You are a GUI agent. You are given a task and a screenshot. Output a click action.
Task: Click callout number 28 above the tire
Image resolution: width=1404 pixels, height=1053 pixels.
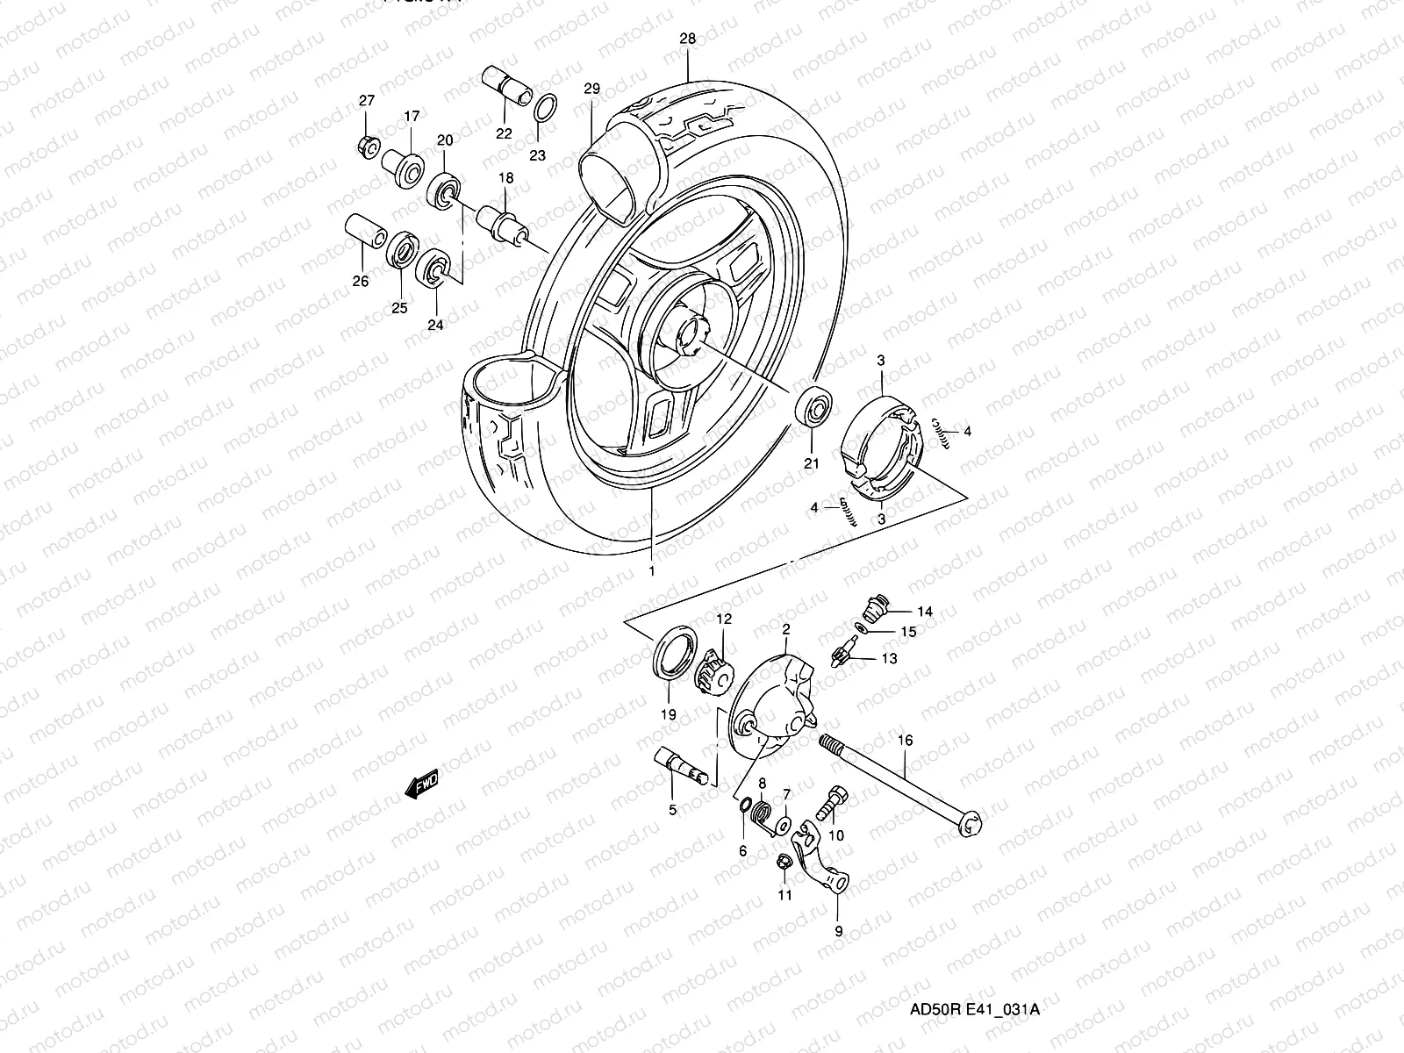687,39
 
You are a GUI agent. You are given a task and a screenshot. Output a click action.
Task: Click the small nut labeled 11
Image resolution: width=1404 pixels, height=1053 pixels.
783,863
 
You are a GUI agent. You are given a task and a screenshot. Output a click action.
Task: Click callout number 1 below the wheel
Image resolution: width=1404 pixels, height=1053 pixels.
652,570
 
